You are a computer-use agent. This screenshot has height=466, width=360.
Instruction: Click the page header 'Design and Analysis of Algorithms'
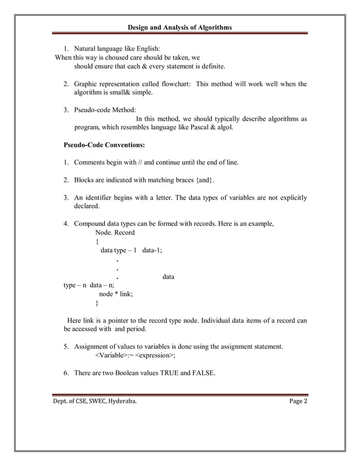(x=179, y=27)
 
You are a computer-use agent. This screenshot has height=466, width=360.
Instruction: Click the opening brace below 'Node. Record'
(x=97, y=241)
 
